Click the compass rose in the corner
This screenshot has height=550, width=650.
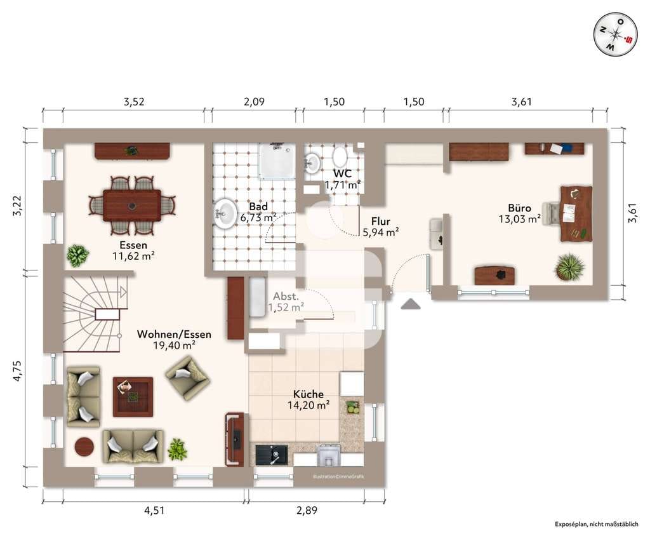click(616, 34)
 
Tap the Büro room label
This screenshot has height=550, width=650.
click(519, 208)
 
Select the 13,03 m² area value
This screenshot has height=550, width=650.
click(519, 219)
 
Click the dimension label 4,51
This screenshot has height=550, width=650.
click(154, 510)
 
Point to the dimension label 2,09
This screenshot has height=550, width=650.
click(254, 102)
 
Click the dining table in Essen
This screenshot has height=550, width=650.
click(132, 205)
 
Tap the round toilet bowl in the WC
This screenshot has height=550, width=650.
click(340, 157)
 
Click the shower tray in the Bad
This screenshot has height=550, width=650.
click(277, 161)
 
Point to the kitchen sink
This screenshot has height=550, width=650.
click(272, 455)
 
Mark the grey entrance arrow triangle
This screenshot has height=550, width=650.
click(411, 304)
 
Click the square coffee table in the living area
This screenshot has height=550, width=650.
click(133, 397)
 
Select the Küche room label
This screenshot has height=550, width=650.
click(308, 394)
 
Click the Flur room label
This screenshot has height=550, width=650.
click(381, 222)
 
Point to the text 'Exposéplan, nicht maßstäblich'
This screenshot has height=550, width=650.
click(597, 525)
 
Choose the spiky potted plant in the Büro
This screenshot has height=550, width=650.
click(569, 267)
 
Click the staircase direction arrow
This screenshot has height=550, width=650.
click(123, 292)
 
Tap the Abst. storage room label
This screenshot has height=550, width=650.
click(286, 297)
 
